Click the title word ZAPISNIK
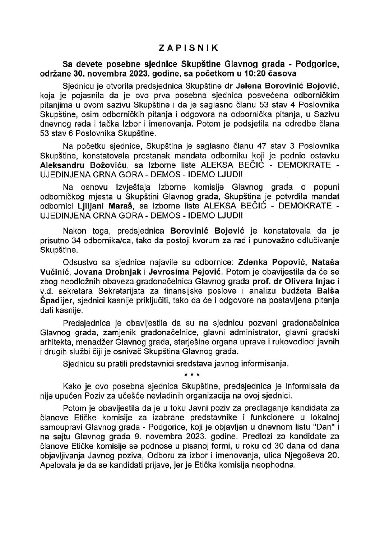[x=190, y=47]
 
